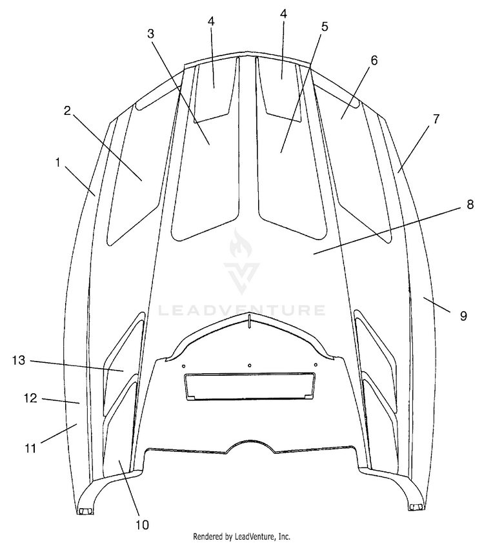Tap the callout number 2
67,110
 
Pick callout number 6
374,60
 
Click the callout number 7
436,119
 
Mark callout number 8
470,205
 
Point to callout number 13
19,360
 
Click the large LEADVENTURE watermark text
242,311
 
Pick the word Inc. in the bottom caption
283,536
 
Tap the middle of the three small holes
250,365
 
